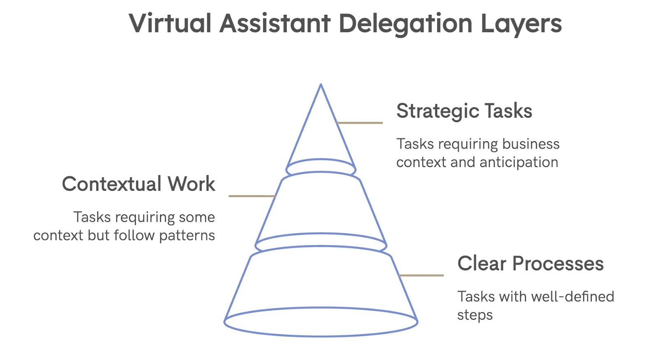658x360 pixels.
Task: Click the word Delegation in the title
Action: [405, 24]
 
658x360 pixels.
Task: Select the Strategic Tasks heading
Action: [464, 111]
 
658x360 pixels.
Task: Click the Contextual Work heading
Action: [139, 184]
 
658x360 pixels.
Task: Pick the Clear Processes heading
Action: [530, 263]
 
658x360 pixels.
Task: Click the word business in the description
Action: [531, 144]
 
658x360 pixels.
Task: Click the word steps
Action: [475, 315]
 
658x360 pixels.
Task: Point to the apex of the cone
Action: [321, 85]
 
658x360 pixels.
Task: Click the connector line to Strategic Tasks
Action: [360, 123]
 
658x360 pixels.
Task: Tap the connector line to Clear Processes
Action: [421, 275]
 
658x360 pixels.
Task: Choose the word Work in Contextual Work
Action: [191, 184]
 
